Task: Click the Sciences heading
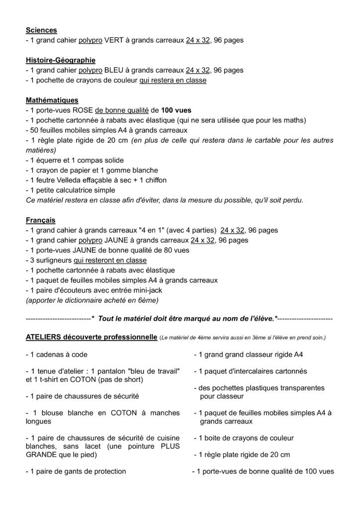click(x=41, y=30)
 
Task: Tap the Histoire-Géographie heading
click(x=60, y=60)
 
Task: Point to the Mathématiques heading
click(x=52, y=100)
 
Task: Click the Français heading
click(x=41, y=220)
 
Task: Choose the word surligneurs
click(x=54, y=260)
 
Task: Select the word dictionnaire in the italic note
click(x=85, y=300)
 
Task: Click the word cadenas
click(x=50, y=355)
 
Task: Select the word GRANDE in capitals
click(x=40, y=454)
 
